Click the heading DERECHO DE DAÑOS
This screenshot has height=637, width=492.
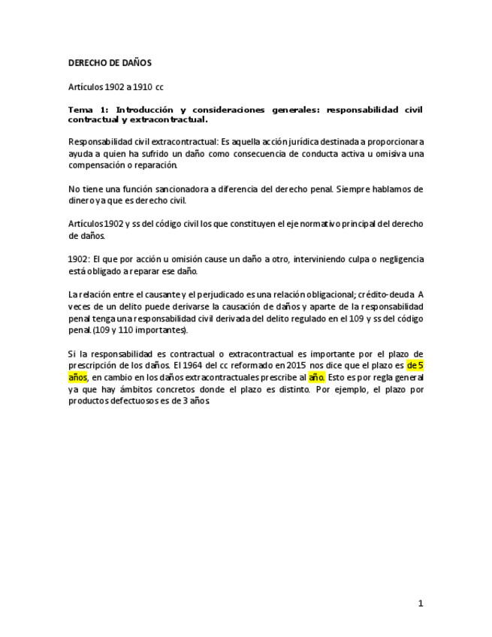pyautogui.click(x=110, y=63)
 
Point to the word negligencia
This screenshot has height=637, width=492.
pyautogui.click(x=397, y=259)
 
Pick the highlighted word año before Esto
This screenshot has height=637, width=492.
pyautogui.click(x=316, y=377)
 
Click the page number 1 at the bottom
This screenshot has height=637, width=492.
pyautogui.click(x=421, y=602)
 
